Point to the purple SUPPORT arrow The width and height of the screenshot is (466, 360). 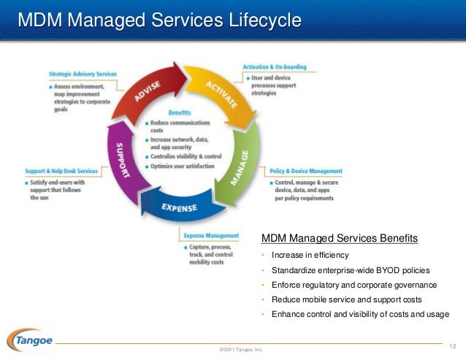123,156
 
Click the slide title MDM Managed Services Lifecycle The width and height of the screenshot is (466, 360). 159,20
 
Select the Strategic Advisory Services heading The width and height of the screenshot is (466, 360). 82,74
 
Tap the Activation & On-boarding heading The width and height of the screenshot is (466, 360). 274,67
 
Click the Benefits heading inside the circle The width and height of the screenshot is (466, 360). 179,113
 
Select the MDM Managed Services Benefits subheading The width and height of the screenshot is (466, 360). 340,239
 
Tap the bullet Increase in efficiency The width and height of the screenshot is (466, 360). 310,255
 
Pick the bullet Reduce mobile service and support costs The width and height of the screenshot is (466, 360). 346,299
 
